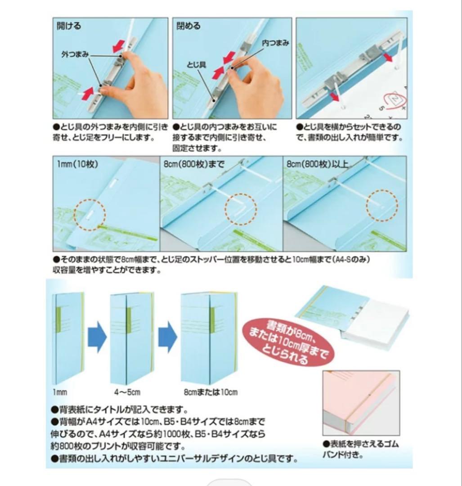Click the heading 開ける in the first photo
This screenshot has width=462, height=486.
[x=68, y=25]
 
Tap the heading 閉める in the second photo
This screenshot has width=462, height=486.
[x=188, y=25]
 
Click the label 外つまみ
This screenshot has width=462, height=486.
[x=75, y=54]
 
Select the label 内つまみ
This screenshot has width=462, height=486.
[x=275, y=43]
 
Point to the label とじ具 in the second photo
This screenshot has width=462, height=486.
[x=197, y=65]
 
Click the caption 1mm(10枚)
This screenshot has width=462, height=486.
[x=77, y=164]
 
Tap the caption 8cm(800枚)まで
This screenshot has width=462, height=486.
[x=194, y=164]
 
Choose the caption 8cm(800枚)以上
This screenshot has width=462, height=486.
[x=317, y=164]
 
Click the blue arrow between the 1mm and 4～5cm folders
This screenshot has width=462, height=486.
[x=97, y=337]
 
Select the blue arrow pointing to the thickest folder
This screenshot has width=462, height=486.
[x=168, y=337]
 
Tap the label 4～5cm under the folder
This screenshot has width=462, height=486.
[x=127, y=392]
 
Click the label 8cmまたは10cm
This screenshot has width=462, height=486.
[x=211, y=392]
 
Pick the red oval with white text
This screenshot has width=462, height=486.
[x=288, y=340]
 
